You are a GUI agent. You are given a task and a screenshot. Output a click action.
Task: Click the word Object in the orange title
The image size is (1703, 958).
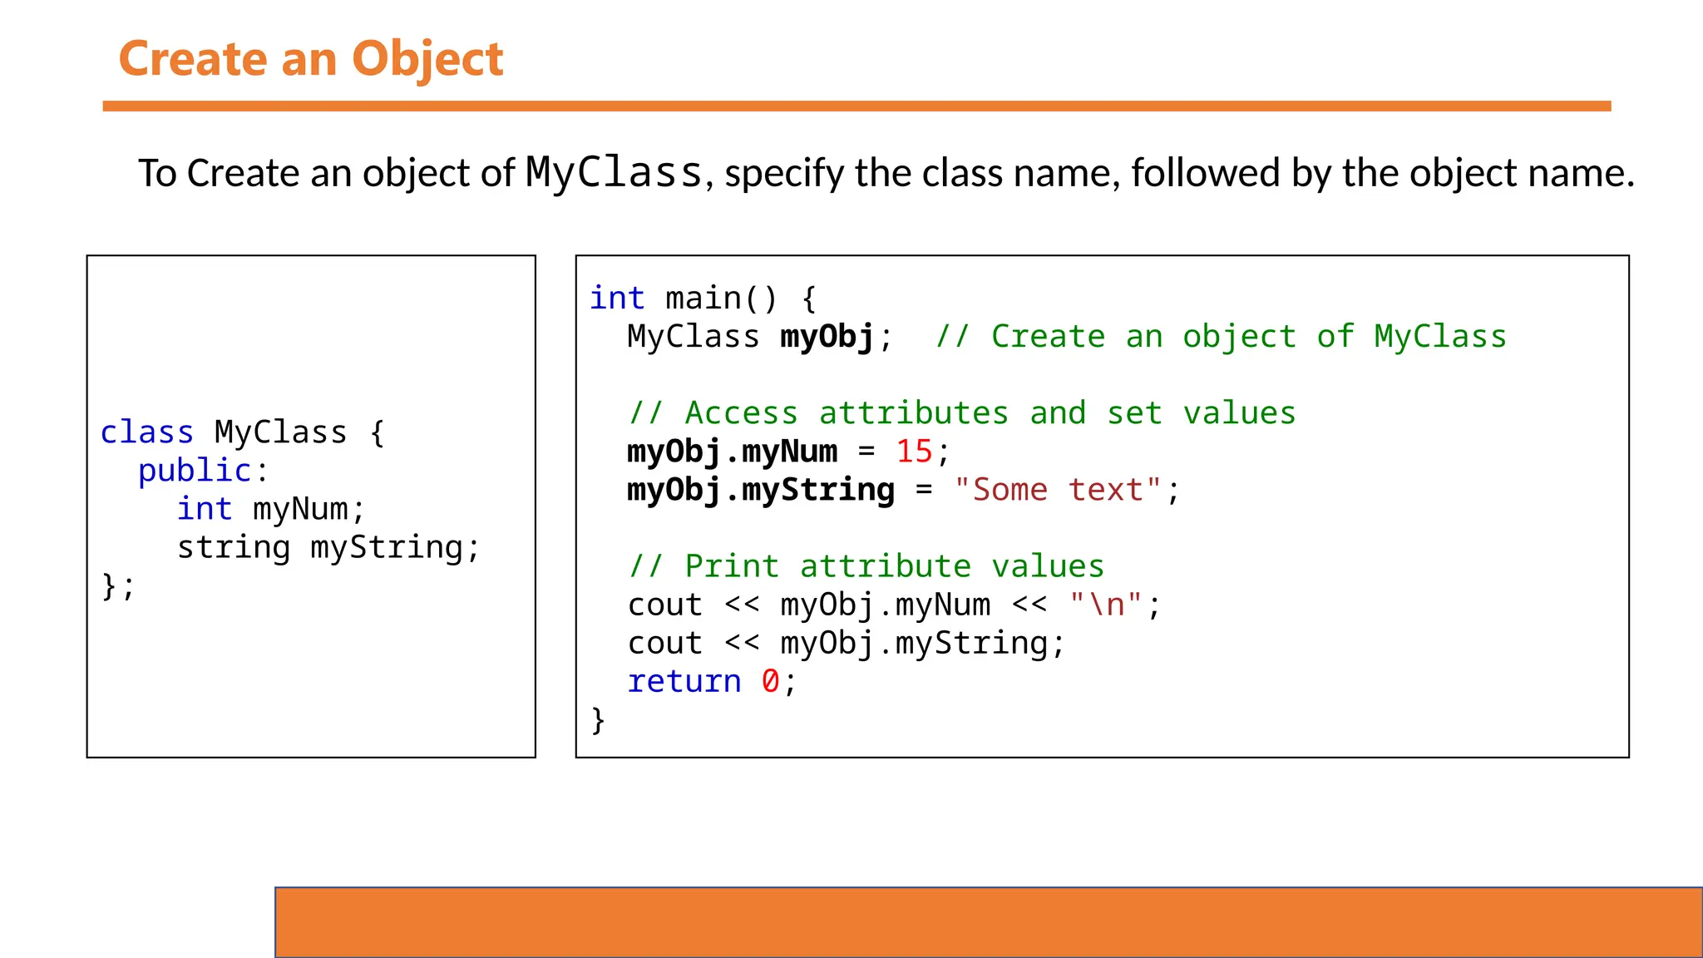point(427,59)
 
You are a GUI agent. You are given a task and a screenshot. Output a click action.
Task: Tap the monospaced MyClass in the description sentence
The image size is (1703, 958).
point(615,173)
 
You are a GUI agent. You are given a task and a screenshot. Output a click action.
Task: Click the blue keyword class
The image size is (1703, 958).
point(146,432)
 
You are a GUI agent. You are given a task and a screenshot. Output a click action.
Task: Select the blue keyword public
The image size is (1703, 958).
point(195,471)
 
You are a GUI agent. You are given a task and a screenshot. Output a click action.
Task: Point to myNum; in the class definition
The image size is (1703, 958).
point(309,509)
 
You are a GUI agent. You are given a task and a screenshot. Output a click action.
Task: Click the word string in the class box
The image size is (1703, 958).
point(234,547)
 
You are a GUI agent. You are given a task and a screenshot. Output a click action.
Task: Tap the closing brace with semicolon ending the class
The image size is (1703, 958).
point(117,585)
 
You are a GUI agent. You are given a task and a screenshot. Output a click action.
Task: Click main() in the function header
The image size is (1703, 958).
point(721,298)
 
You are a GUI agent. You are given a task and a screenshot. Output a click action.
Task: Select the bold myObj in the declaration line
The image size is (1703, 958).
point(827,337)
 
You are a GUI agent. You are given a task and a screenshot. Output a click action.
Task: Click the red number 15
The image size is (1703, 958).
point(914,452)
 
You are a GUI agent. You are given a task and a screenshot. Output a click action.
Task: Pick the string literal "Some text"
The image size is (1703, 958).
point(1058,490)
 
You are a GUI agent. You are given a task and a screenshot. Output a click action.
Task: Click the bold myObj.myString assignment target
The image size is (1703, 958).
point(761,490)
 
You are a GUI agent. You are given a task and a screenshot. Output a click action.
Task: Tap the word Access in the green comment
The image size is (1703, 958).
point(741,413)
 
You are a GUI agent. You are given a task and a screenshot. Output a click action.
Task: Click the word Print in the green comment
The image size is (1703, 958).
point(731,566)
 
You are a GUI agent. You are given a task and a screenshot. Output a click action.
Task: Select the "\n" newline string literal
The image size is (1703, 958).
point(1106,605)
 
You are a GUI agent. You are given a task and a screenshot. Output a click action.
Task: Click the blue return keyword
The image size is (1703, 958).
point(684,681)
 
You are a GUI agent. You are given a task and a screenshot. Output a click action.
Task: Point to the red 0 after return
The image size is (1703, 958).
point(770,681)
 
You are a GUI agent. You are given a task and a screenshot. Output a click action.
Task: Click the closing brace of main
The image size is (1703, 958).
point(598,719)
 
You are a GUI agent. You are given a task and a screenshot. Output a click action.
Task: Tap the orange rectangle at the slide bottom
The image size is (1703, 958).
point(988,922)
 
